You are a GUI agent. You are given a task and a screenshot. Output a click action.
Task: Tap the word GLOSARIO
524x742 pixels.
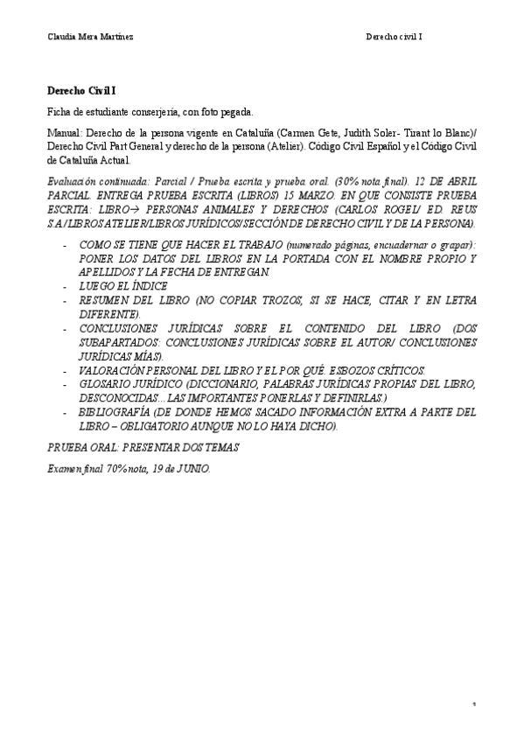coord(109,383)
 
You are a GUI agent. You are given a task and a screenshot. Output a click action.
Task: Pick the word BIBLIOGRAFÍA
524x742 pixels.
coord(120,411)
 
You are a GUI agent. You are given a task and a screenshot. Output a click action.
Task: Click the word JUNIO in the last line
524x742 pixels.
coord(193,468)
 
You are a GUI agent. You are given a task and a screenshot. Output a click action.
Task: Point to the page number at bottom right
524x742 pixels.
coord(473,703)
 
